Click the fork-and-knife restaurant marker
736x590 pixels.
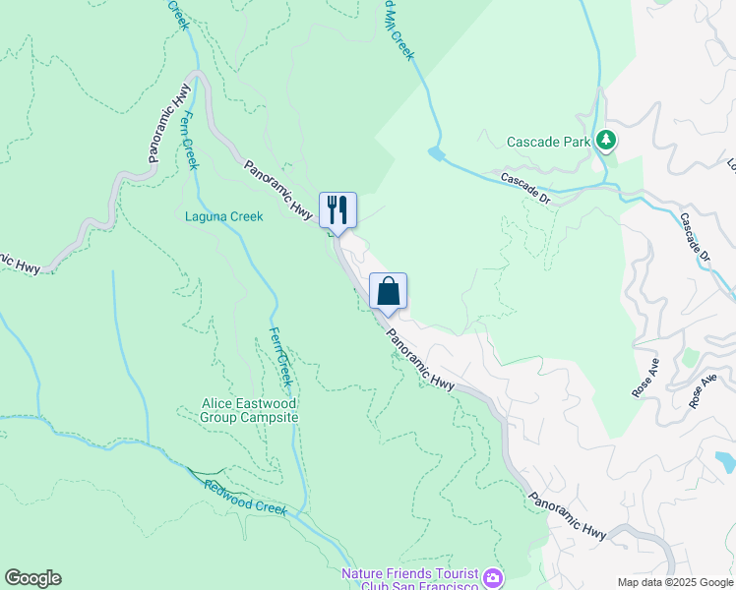click(337, 209)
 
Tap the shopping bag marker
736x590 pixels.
click(388, 291)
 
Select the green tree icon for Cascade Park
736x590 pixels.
click(607, 142)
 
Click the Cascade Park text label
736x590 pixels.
click(548, 142)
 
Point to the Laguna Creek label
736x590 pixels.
click(224, 216)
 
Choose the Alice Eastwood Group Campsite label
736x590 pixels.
click(249, 410)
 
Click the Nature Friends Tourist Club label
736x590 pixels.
click(409, 579)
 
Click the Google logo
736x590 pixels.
click(33, 578)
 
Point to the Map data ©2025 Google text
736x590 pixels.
click(674, 582)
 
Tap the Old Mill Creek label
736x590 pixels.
click(397, 29)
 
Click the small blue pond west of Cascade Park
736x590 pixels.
click(437, 154)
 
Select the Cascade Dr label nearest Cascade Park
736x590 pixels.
click(524, 187)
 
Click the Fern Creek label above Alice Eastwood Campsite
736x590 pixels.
click(281, 355)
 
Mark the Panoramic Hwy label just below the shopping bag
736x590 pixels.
click(420, 359)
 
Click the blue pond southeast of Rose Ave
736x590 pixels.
click(725, 460)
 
